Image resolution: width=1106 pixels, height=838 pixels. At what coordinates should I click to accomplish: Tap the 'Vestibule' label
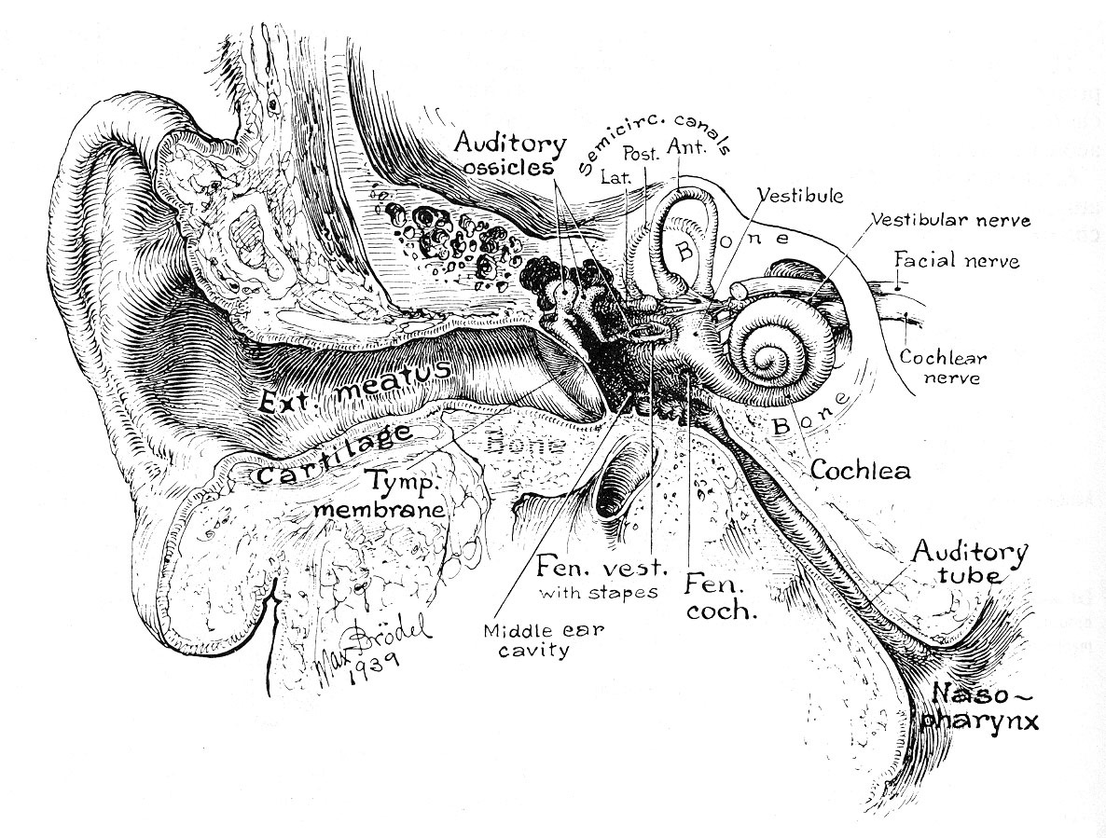tap(800, 196)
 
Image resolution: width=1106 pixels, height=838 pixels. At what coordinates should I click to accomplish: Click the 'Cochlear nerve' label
tap(943, 367)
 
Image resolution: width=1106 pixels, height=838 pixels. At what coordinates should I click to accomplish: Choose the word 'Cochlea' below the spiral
tap(861, 470)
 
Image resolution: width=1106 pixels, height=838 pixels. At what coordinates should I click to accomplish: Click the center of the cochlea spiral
tap(773, 356)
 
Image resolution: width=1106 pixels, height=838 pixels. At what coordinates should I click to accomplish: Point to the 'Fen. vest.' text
tap(602, 567)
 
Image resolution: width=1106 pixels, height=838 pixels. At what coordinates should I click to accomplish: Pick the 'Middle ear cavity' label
tap(543, 640)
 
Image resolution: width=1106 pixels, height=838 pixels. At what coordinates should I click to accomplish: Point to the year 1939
tap(374, 666)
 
